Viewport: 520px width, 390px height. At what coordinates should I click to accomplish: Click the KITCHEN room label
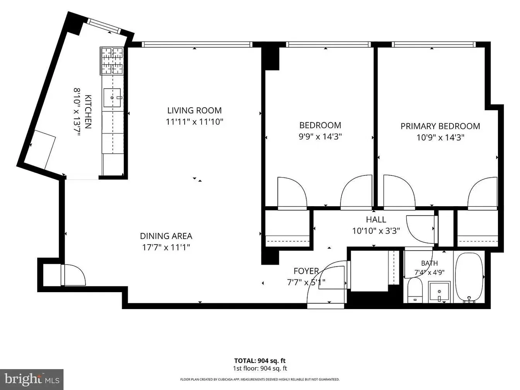pyautogui.click(x=88, y=112)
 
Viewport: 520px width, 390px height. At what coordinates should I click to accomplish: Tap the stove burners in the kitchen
pyautogui.click(x=112, y=61)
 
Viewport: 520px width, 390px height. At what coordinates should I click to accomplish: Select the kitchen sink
pyautogui.click(x=112, y=97)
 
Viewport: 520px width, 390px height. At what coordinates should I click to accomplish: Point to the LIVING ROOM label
pyautogui.click(x=194, y=110)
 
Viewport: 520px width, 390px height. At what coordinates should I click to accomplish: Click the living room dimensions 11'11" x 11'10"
pyautogui.click(x=194, y=122)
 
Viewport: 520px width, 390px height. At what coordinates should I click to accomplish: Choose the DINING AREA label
pyautogui.click(x=166, y=236)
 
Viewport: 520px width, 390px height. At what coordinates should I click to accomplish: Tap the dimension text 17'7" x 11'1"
pyautogui.click(x=166, y=248)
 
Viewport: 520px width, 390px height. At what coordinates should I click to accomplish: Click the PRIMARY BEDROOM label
pyautogui.click(x=440, y=126)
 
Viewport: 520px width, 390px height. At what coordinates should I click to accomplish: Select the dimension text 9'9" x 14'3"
pyautogui.click(x=320, y=137)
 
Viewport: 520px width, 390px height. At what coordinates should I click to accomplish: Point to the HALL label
pyautogui.click(x=376, y=219)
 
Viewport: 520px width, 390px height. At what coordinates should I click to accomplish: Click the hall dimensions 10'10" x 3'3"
pyautogui.click(x=376, y=231)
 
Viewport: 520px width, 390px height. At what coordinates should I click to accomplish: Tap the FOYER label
pyautogui.click(x=306, y=271)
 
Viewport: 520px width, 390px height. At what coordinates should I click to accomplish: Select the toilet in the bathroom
pyautogui.click(x=416, y=290)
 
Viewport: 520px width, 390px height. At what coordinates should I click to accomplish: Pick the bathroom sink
pyautogui.click(x=440, y=292)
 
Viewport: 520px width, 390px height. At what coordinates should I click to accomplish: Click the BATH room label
pyautogui.click(x=429, y=263)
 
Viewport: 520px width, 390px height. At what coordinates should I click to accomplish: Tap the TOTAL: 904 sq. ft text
pyautogui.click(x=260, y=361)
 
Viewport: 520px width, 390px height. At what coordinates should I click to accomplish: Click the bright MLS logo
pyautogui.click(x=32, y=379)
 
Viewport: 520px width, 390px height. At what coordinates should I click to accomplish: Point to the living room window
pyautogui.click(x=197, y=44)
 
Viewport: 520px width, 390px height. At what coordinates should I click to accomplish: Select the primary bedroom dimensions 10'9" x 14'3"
pyautogui.click(x=440, y=138)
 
